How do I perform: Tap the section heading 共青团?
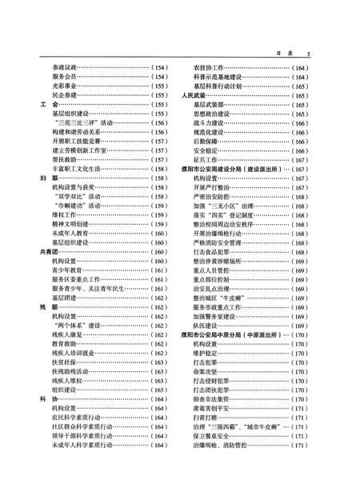coord(48,252)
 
